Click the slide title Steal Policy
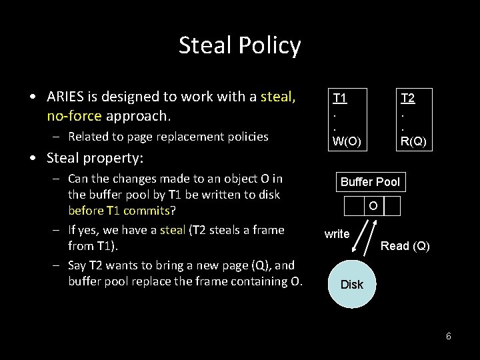pos(239,45)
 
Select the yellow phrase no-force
pos(74,116)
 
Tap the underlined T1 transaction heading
pos(339,99)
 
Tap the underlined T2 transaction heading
pos(407,99)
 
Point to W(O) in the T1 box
pos(347,141)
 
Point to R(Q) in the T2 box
pos(413,141)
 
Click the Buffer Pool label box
pos(370,182)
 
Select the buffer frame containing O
pos(373,207)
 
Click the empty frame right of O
pos(393,207)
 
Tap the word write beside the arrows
pos(337,234)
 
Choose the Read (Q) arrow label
pos(405,246)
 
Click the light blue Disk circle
pos(352,285)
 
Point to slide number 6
pos(449,336)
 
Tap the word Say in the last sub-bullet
pos(77,265)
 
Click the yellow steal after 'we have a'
pos(173,230)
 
